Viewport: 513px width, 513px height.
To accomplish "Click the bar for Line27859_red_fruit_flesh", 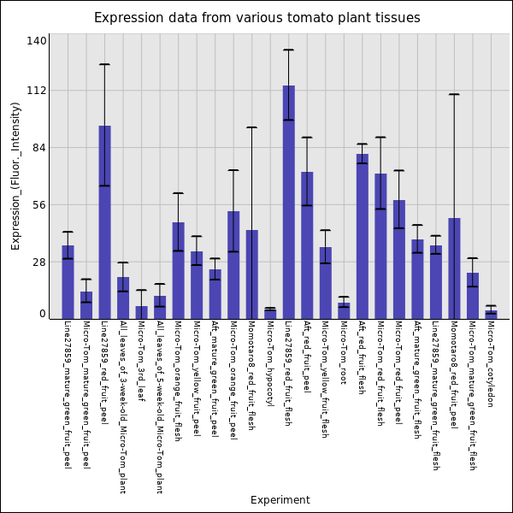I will [289, 202].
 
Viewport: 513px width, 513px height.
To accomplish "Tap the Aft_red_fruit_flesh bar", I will [363, 236].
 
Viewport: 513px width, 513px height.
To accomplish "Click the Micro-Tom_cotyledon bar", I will [491, 315].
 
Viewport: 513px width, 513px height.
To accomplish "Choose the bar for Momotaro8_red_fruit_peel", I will [454, 268].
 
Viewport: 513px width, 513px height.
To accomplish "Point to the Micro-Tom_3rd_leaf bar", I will [141, 313].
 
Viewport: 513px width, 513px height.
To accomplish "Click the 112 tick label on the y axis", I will [37, 91].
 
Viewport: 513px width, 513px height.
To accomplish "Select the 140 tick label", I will [37, 41].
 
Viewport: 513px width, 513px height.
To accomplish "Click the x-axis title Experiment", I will [280, 500].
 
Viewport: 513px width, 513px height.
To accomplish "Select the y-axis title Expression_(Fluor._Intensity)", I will [16, 175].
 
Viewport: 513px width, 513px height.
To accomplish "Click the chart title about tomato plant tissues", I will [257, 18].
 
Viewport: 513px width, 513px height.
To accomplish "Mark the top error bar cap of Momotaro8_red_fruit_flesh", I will [251, 127].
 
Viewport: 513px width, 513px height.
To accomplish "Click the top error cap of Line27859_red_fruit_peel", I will [104, 64].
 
